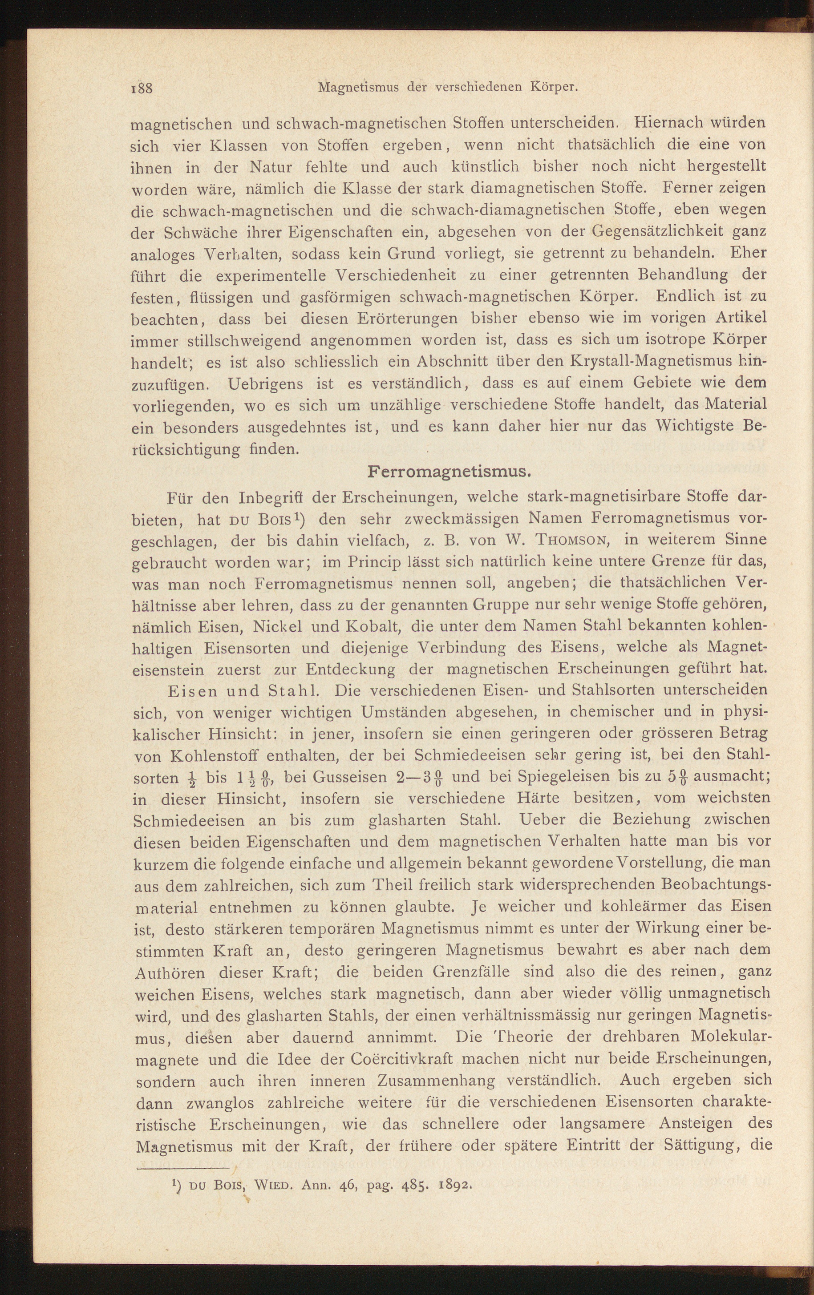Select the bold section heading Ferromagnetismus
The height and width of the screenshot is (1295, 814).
(449, 472)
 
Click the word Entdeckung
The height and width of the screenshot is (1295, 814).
(351, 670)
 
